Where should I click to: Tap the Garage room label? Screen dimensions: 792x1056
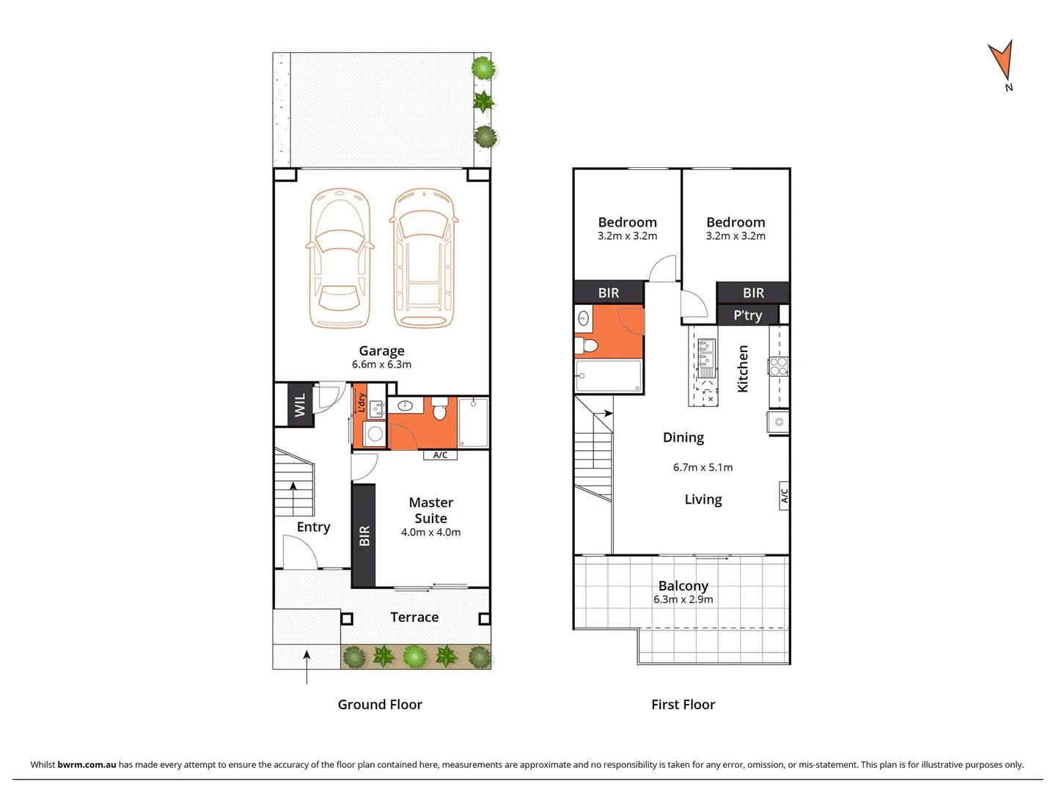coord(381,351)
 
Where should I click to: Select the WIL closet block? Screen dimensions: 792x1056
coord(299,405)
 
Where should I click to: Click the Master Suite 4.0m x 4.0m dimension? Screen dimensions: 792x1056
coord(430,532)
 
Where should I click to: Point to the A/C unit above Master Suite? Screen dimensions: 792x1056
coord(440,455)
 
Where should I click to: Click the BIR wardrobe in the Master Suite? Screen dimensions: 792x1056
coord(364,535)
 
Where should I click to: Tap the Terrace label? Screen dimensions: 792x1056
coord(414,617)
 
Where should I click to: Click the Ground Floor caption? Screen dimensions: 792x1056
coord(380,705)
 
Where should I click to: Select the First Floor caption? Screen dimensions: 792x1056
coord(683,705)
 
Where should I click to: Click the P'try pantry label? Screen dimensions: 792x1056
coord(747,315)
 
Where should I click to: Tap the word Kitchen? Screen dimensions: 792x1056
coord(743,369)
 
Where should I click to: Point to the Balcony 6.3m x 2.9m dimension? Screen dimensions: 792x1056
coord(683,600)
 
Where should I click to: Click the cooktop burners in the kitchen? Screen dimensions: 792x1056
coord(778,366)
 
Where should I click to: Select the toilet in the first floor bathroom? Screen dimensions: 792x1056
coord(587,345)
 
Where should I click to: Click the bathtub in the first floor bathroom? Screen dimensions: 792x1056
coord(608,376)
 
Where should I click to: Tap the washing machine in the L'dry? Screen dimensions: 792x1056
coord(375,434)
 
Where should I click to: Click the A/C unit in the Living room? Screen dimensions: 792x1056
coord(783,496)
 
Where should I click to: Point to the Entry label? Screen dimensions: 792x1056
coord(313,527)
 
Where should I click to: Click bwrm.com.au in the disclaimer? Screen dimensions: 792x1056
coord(87,765)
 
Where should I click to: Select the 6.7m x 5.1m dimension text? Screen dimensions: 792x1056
coord(703,468)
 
